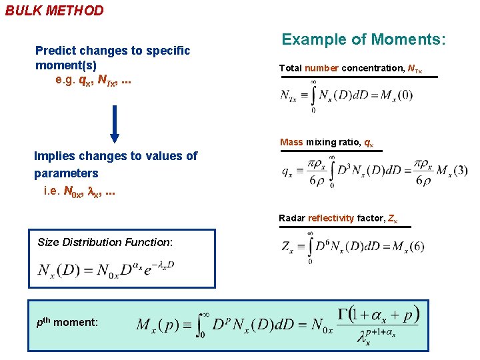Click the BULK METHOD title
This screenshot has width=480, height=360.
pos(55,11)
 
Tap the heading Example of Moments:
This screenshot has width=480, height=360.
pos(363,40)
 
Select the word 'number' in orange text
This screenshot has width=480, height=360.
pos(321,68)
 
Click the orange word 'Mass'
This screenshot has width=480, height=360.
pos(291,142)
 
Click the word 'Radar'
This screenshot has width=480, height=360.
pos(292,218)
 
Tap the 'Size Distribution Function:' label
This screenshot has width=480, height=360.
pos(105,242)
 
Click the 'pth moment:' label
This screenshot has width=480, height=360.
pos(67,322)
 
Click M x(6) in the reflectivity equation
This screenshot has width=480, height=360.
pos(400,247)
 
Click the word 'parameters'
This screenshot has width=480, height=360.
pos(66,173)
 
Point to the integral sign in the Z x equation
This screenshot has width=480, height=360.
pos(309,247)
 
